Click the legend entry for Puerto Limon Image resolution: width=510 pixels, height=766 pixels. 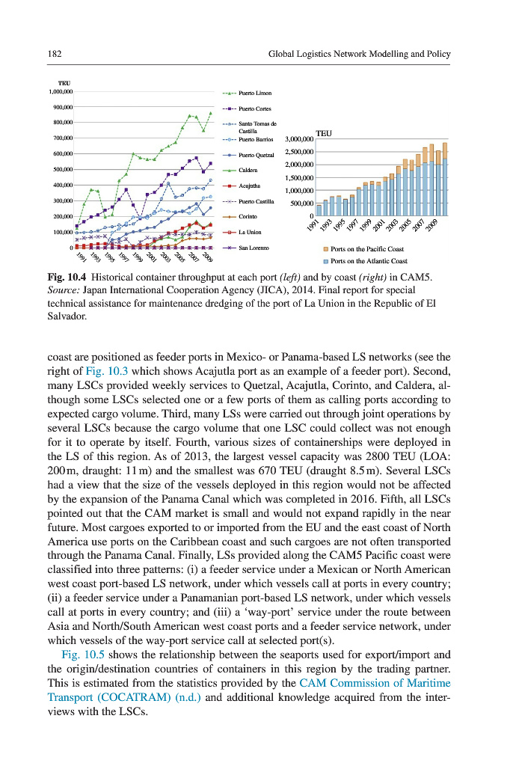point(254,94)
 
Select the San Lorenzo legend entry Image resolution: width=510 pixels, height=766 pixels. point(254,247)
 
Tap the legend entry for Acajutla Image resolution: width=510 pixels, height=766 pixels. point(249,185)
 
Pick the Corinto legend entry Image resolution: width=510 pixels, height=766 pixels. point(248,216)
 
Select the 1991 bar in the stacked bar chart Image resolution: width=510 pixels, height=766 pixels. point(319,210)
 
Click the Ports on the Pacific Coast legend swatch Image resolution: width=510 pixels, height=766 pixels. point(325,249)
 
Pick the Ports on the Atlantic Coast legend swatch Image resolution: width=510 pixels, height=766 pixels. point(325,261)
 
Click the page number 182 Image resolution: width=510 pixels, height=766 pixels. point(53,55)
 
